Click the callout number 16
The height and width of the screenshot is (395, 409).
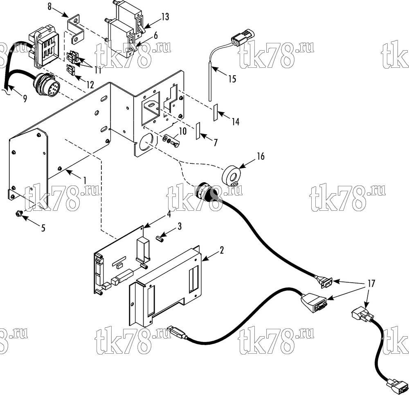261,156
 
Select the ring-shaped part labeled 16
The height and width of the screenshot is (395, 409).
231,175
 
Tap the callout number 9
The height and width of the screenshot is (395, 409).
25,98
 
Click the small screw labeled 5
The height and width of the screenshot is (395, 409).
18,213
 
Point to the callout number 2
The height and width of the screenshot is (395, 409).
222,250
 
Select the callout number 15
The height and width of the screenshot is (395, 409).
232,79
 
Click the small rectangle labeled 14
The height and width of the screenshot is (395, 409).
216,113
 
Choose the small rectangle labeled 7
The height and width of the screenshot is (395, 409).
198,131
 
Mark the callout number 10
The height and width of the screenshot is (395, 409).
182,131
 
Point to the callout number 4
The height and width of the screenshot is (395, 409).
169,214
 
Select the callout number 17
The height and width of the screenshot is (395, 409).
371,283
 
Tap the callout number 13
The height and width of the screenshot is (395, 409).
165,17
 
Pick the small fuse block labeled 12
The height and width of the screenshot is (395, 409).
71,69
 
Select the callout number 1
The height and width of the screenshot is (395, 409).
85,180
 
